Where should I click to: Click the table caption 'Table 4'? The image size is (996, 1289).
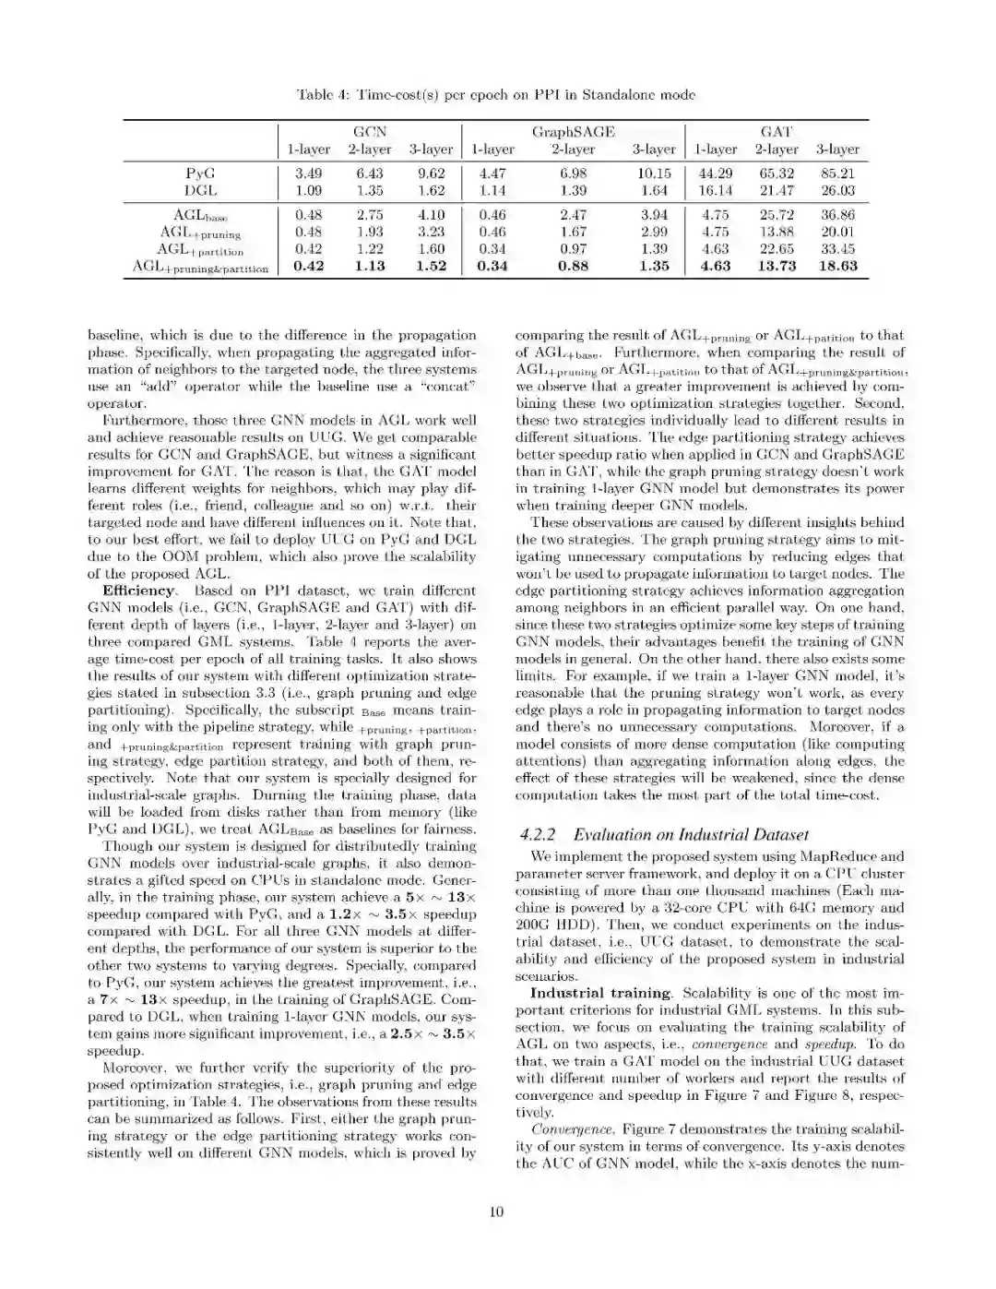(319, 95)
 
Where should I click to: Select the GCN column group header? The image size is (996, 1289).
(370, 132)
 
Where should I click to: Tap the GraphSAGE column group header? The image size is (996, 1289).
(573, 132)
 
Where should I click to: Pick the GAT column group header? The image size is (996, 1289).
(777, 132)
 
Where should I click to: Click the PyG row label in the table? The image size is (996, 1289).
(200, 173)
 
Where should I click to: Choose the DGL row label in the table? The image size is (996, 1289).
(200, 190)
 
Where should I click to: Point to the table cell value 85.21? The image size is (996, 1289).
(837, 173)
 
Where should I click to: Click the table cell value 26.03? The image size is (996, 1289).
(837, 190)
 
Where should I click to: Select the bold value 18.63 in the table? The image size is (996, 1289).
(837, 266)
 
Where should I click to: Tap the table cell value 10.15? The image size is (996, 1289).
(654, 173)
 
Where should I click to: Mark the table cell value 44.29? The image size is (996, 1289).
(716, 173)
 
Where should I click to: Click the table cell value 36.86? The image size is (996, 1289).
(837, 215)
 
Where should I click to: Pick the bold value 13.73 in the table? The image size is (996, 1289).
(777, 266)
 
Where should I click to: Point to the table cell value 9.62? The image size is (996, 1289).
(431, 173)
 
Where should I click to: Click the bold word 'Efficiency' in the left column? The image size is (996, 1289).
(138, 591)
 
